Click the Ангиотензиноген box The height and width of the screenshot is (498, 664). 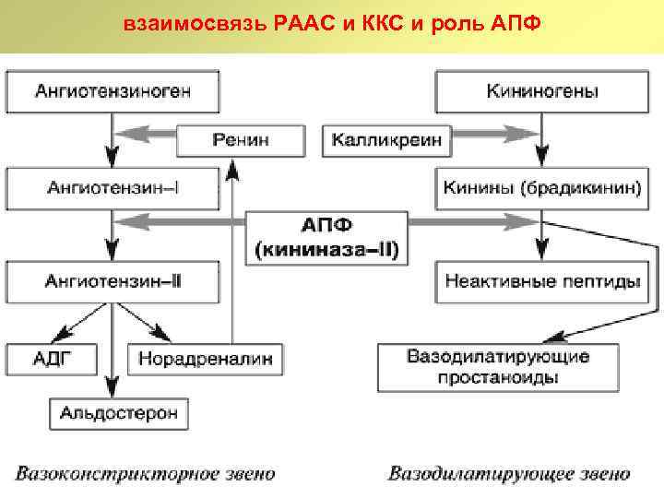(113, 91)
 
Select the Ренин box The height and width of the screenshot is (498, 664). (241, 140)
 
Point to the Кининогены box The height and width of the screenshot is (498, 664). (541, 91)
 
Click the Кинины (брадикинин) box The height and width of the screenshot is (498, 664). (541, 188)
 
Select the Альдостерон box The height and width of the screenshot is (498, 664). (119, 411)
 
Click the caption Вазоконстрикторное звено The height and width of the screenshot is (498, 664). (145, 474)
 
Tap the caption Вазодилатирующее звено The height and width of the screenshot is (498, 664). (509, 474)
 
